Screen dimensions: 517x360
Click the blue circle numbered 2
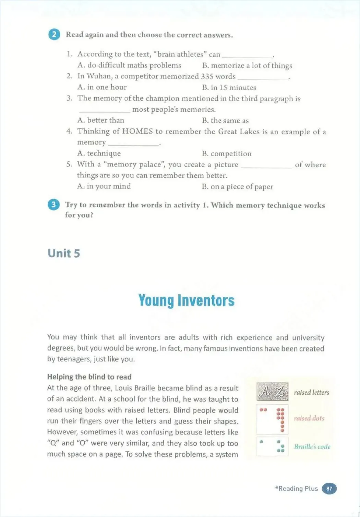point(54,35)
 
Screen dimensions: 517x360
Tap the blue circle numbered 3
point(53,205)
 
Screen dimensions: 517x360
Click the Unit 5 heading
point(64,254)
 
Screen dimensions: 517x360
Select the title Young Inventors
point(186,300)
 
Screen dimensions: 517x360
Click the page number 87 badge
point(329,489)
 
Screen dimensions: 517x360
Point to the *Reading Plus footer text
point(296,489)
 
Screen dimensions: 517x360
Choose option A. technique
point(99,153)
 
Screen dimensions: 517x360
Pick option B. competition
point(226,153)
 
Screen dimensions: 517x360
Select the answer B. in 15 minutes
point(229,87)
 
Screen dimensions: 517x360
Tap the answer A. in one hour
point(102,87)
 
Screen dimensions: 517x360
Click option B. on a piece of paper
point(237,187)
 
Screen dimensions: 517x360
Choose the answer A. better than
point(100,120)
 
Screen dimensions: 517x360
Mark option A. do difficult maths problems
point(129,65)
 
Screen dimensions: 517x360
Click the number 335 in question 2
point(207,76)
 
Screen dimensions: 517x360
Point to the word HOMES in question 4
point(137,132)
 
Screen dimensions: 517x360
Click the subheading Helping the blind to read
point(89,377)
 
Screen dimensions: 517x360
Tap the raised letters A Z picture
point(272,392)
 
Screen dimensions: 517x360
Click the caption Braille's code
point(312,447)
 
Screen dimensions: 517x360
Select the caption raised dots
point(309,418)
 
